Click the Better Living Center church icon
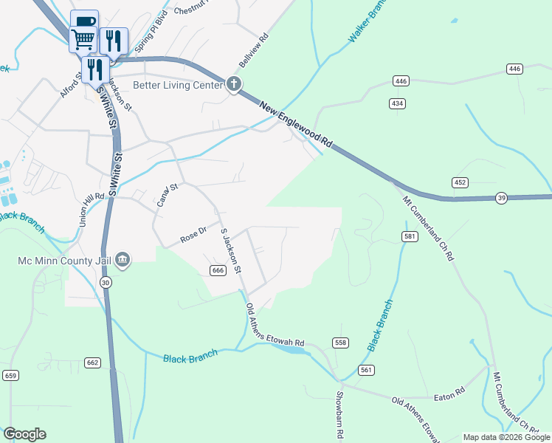click(234, 84)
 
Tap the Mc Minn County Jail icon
click(123, 260)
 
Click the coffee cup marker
click(83, 21)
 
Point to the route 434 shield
click(398, 104)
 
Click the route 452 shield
click(460, 182)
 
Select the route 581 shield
click(410, 236)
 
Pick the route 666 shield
click(217, 271)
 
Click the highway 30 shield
click(106, 283)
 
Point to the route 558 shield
click(340, 343)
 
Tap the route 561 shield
click(366, 368)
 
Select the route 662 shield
click(92, 363)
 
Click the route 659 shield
click(10, 375)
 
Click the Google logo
click(24, 434)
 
